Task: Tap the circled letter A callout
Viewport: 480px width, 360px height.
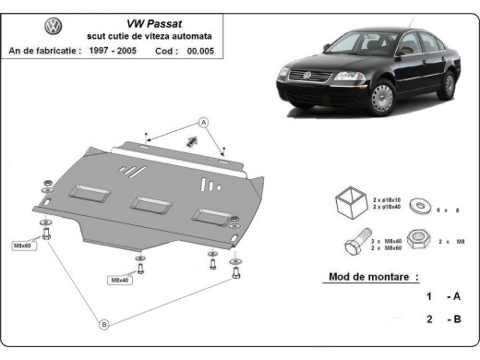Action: point(204,123)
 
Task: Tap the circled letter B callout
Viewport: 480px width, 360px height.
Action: point(103,323)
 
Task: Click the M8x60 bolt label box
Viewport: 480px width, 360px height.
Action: point(23,246)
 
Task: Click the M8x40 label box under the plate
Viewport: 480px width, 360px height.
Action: point(121,280)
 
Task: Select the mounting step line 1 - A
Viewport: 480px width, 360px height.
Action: point(443,297)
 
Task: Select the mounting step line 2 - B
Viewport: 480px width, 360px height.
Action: point(443,319)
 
